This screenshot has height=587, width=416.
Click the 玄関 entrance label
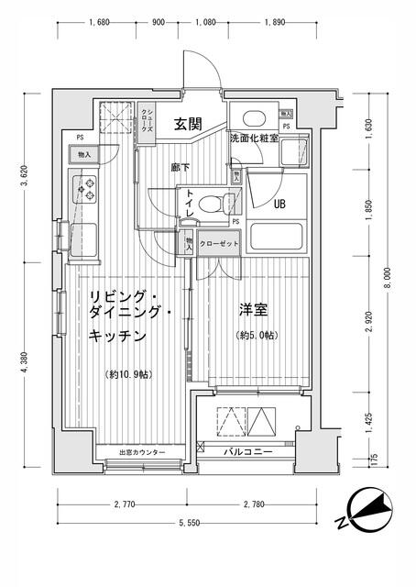[188, 124]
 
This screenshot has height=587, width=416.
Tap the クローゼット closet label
[219, 243]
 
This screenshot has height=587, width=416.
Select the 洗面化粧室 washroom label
[254, 138]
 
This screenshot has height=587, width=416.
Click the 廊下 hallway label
[180, 168]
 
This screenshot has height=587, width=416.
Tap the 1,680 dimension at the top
[101, 24]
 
